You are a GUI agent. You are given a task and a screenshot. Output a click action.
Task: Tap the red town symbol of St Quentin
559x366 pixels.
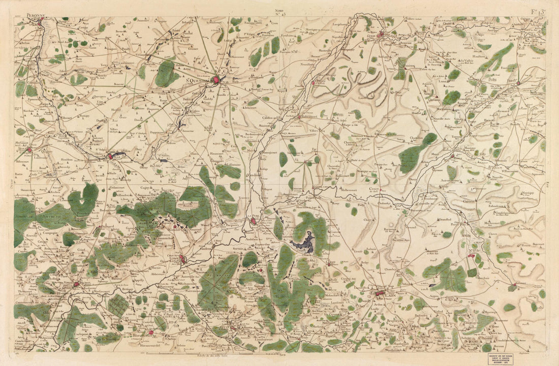pyautogui.click(x=216, y=80)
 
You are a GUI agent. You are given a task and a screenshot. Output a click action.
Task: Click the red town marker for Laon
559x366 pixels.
pyautogui.click(x=380, y=293)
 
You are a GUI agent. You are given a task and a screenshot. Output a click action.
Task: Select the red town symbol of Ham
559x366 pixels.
pyautogui.click(x=110, y=157)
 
